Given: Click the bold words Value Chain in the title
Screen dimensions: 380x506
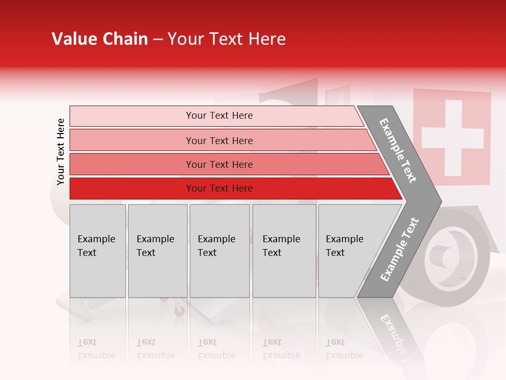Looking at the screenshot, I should (x=100, y=39).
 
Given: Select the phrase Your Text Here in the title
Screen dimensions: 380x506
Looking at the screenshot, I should (x=227, y=39).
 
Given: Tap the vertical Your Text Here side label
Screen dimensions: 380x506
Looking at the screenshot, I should (x=61, y=151).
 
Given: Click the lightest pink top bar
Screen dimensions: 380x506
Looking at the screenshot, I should (x=132, y=116).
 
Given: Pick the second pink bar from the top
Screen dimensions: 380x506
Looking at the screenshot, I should (x=132, y=140).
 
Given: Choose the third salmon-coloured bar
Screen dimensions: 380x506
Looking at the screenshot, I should (x=132, y=164).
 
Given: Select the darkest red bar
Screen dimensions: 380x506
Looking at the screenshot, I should (x=132, y=188).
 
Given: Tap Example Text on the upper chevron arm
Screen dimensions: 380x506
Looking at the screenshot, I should (x=398, y=150).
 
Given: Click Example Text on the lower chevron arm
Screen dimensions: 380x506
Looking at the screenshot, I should (x=399, y=250).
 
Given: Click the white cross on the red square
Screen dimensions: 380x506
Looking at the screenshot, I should (x=452, y=138).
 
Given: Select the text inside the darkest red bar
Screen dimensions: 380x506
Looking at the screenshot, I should (x=219, y=188).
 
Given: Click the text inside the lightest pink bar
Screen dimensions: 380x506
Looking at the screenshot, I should (x=219, y=116).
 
